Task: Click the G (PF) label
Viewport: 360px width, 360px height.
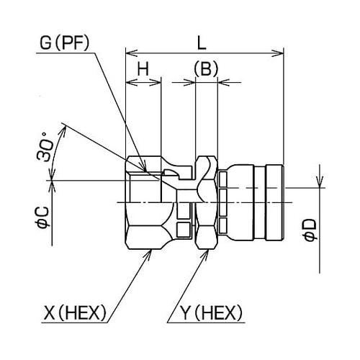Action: (x=64, y=43)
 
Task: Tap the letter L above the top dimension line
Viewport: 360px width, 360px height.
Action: (x=202, y=43)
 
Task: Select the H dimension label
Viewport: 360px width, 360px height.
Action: (x=143, y=68)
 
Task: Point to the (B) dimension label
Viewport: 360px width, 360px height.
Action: (x=206, y=68)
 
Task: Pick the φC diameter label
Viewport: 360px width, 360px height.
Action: (x=42, y=217)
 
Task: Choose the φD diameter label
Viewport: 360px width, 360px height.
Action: (x=310, y=230)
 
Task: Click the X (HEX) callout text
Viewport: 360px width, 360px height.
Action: (x=75, y=313)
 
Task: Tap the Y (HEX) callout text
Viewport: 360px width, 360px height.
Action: (x=211, y=313)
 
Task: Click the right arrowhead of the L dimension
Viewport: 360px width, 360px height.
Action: (x=278, y=53)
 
